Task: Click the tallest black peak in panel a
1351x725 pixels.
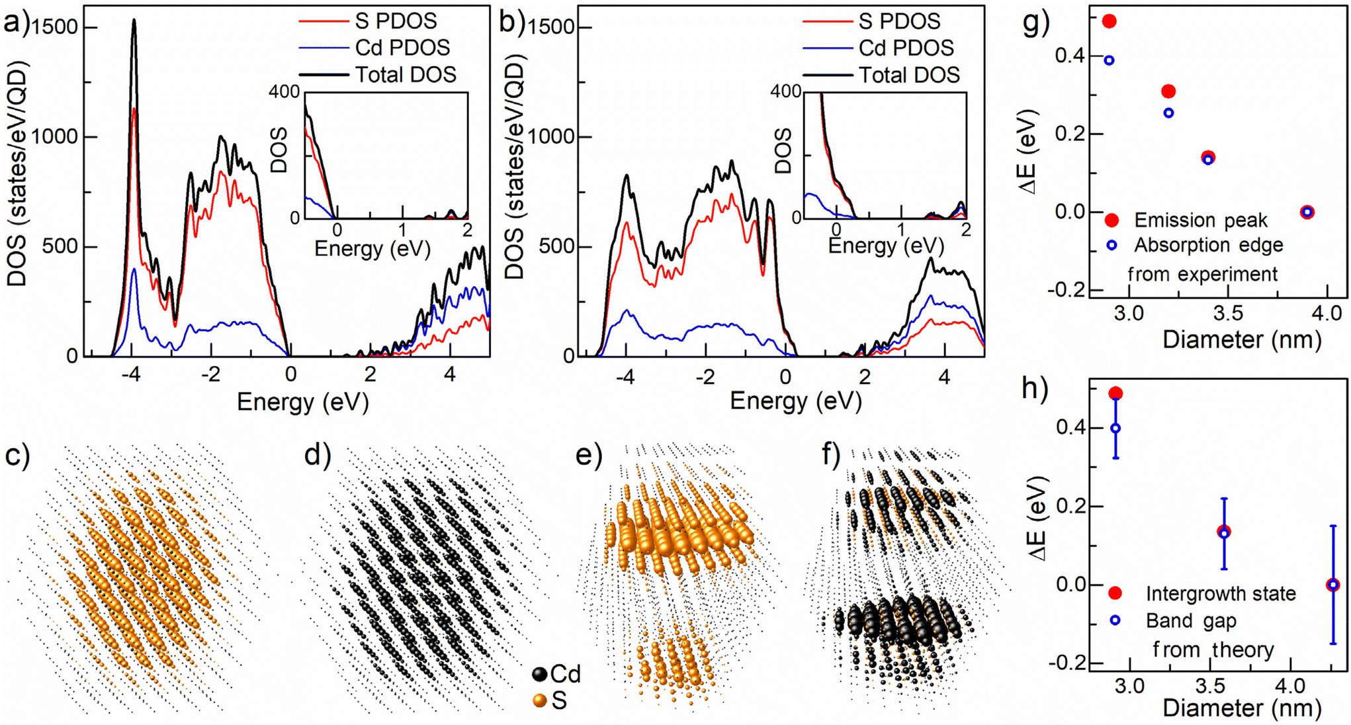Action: pyautogui.click(x=134, y=21)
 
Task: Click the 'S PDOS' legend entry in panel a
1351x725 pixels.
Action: pyautogui.click(x=396, y=21)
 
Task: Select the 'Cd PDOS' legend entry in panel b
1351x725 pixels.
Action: pyautogui.click(x=906, y=48)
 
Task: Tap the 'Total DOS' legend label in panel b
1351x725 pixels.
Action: pyautogui.click(x=909, y=75)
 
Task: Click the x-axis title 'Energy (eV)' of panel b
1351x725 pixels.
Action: pyautogui.click(x=796, y=401)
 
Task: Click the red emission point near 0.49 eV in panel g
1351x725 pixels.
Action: pyautogui.click(x=1110, y=21)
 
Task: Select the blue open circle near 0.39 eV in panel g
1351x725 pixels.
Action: pyautogui.click(x=1110, y=60)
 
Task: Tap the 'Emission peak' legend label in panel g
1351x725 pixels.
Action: pyautogui.click(x=1200, y=220)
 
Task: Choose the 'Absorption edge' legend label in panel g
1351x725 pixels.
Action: pyautogui.click(x=1208, y=245)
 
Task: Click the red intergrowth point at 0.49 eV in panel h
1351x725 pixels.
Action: pyautogui.click(x=1115, y=393)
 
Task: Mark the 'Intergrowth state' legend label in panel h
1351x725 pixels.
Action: pyautogui.click(x=1221, y=594)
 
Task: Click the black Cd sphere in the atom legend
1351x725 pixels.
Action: pyautogui.click(x=540, y=674)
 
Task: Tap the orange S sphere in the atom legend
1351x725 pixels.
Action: pyautogui.click(x=540, y=701)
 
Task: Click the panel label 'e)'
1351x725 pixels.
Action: pyautogui.click(x=589, y=456)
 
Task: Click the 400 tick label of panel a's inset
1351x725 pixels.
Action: pyautogui.click(x=284, y=91)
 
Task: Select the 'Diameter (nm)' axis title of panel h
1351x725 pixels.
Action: pyautogui.click(x=1242, y=708)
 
